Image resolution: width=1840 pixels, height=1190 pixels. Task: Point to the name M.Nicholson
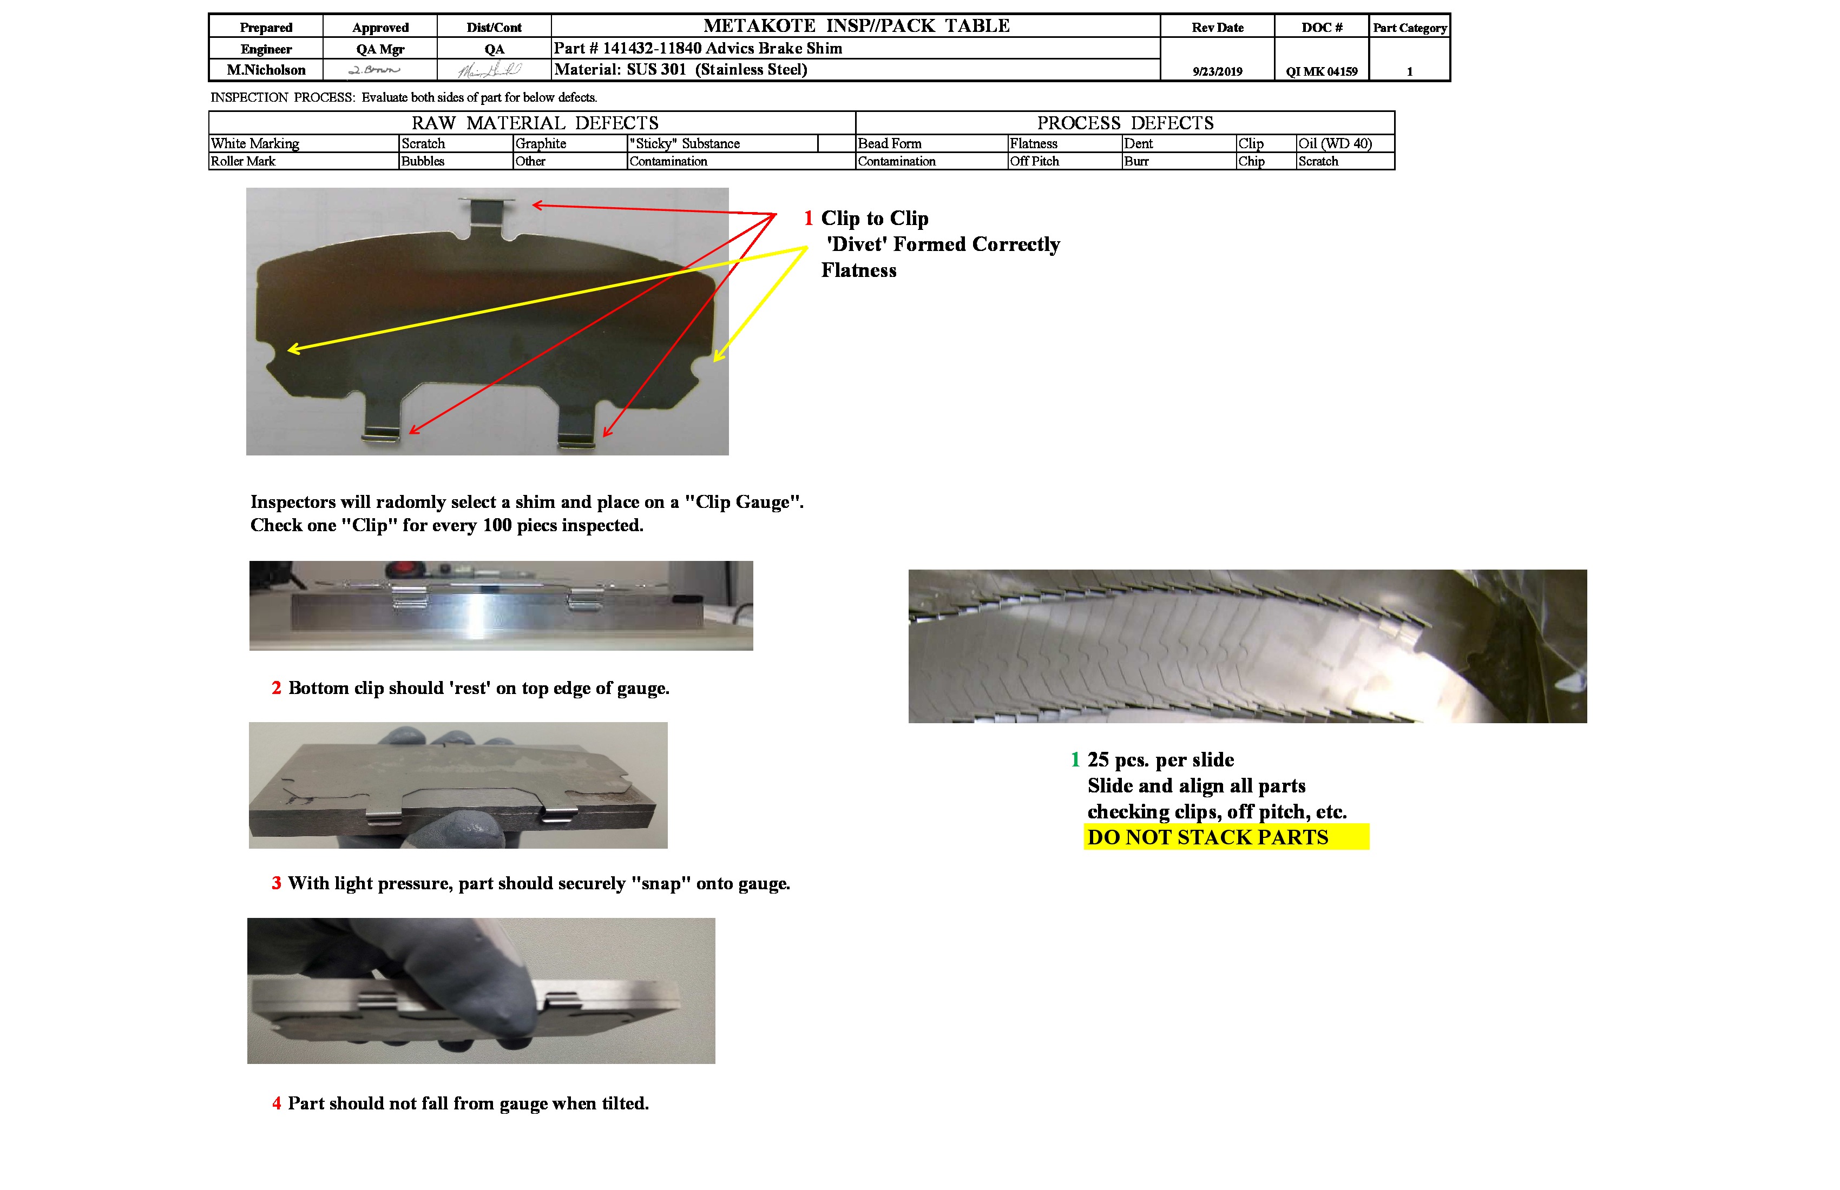coord(266,70)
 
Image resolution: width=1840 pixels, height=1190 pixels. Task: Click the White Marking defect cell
coord(255,144)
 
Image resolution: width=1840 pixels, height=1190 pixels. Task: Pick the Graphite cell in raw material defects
coord(541,144)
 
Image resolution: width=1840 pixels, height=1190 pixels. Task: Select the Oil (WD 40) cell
coord(1335,144)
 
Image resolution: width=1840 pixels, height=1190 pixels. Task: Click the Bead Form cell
coord(890,144)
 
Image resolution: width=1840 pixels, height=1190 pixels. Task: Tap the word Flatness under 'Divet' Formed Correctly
coord(859,270)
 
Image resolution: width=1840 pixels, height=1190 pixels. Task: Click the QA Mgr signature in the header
coord(375,70)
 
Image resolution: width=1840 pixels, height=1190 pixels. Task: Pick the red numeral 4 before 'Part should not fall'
coord(277,1103)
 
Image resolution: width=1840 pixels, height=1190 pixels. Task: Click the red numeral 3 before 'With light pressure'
coord(277,883)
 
